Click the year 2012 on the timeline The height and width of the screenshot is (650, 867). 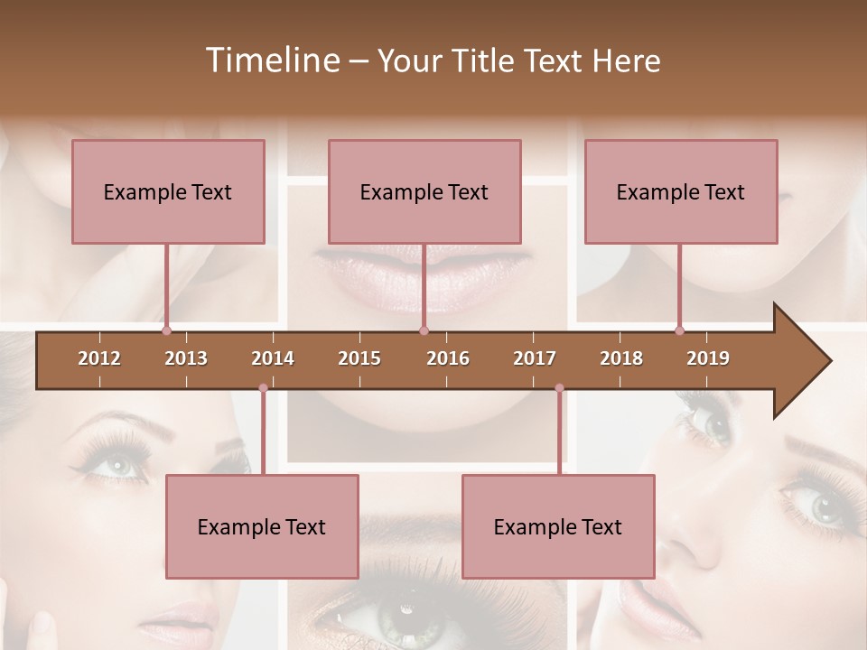click(x=99, y=358)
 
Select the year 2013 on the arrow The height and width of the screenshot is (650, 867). click(x=186, y=358)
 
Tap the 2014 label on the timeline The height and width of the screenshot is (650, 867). click(x=273, y=358)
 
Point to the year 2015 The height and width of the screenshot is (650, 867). click(x=359, y=358)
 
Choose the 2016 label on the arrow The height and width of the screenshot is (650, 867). click(x=448, y=358)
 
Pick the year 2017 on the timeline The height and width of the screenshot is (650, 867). click(x=535, y=358)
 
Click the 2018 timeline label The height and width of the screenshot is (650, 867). click(x=621, y=358)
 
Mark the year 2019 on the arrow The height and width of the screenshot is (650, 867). click(x=708, y=358)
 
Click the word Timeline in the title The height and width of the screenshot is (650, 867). click(x=271, y=60)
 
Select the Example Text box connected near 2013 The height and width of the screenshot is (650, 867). click(x=168, y=191)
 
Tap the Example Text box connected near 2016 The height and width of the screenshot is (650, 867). click(x=424, y=191)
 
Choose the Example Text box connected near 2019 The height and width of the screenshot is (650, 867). click(x=681, y=191)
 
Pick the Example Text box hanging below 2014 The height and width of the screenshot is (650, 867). click(x=262, y=526)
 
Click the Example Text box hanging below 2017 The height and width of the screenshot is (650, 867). click(x=558, y=526)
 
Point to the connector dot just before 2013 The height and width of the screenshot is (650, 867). click(x=166, y=330)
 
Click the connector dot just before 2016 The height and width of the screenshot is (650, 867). click(x=424, y=330)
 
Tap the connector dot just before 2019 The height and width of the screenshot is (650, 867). click(x=679, y=330)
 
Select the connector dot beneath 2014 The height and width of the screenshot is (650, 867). click(x=263, y=388)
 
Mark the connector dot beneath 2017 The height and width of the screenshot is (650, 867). click(x=559, y=388)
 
